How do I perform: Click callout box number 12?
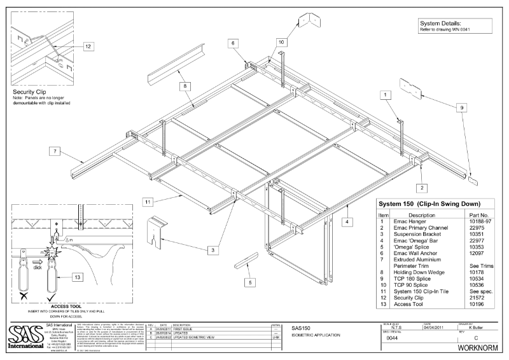point(87,46)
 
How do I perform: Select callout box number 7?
point(55,151)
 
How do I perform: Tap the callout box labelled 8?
point(183,85)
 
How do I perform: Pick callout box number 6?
point(233,43)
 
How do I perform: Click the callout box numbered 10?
point(281,41)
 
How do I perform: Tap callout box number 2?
point(421,187)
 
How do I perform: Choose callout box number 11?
point(147,202)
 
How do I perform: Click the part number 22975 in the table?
point(477,226)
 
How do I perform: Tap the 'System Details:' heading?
point(437,23)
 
